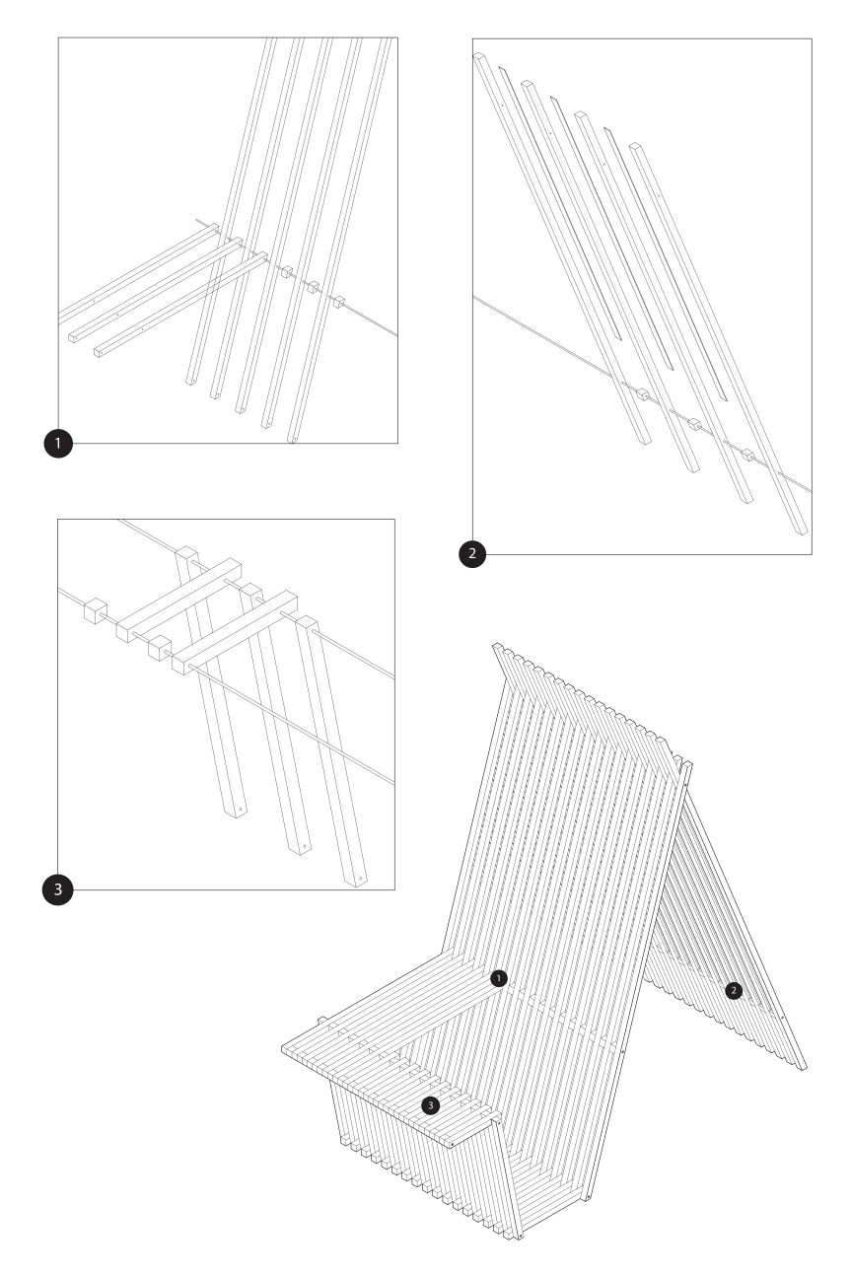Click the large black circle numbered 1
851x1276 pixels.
(x=58, y=443)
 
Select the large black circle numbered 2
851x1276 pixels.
(x=472, y=553)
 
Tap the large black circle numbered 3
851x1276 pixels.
(x=57, y=889)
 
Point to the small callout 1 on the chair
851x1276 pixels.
(x=498, y=978)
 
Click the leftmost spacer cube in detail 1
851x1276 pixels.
(x=287, y=271)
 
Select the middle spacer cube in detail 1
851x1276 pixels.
(x=313, y=287)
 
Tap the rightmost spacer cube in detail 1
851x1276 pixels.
(x=339, y=302)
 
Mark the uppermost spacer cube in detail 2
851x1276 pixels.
(x=643, y=394)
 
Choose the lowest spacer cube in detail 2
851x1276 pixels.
(x=747, y=454)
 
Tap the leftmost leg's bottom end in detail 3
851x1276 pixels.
(x=235, y=812)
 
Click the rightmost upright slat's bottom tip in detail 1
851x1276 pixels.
(x=292, y=439)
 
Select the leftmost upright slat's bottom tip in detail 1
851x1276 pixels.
(x=191, y=381)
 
